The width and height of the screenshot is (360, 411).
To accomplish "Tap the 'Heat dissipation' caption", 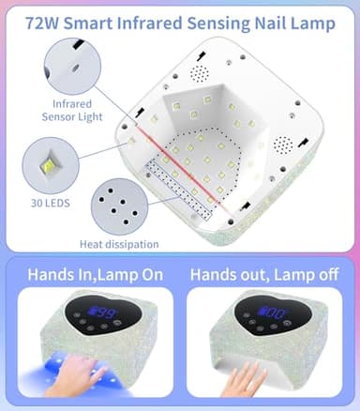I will click(x=120, y=244).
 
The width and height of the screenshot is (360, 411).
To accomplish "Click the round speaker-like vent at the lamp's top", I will click(x=198, y=71).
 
